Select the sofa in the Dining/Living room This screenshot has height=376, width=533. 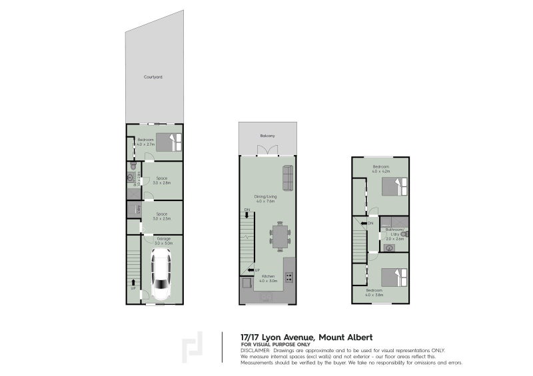(x=288, y=177)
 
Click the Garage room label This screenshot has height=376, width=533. (x=163, y=238)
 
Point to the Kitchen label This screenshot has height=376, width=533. (x=268, y=276)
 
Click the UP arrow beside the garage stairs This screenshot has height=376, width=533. (x=133, y=287)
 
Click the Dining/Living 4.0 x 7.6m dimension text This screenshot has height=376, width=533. (x=266, y=200)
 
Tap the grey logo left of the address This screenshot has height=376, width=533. (x=193, y=347)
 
